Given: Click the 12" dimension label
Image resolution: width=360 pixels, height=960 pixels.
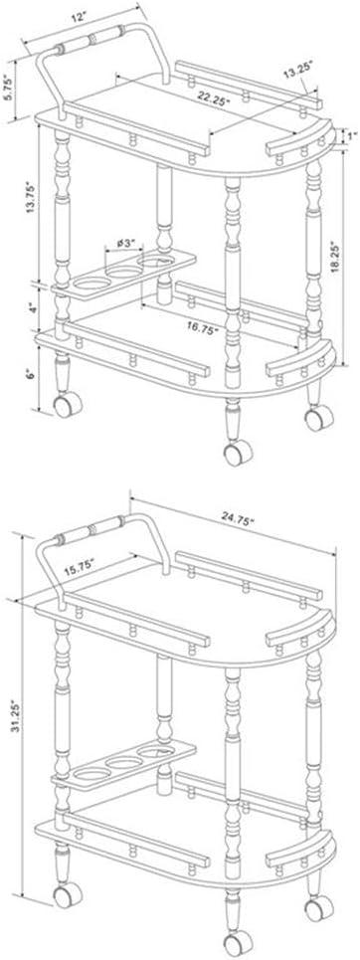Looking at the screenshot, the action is click(x=77, y=17).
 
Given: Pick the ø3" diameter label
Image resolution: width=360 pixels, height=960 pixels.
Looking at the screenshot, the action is click(x=127, y=244).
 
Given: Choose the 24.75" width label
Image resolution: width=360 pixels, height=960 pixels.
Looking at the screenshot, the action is click(x=238, y=520).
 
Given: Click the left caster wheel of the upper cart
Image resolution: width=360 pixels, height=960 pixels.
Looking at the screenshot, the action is click(x=68, y=405).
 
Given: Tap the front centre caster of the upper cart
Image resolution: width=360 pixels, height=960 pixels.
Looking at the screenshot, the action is click(x=237, y=453).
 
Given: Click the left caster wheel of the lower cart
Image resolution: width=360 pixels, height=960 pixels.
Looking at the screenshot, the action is click(x=68, y=896).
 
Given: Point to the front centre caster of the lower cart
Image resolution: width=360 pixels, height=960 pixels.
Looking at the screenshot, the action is click(x=237, y=946).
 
